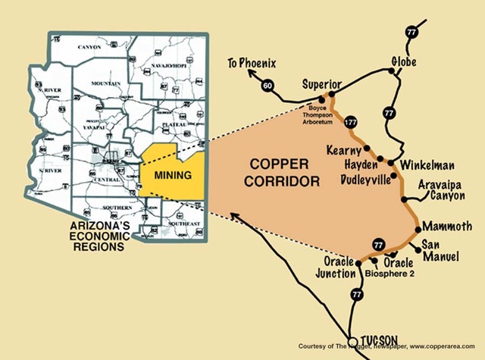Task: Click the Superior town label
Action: [x=323, y=83]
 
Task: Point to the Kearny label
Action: [x=343, y=150]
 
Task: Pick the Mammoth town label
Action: [x=447, y=226]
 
